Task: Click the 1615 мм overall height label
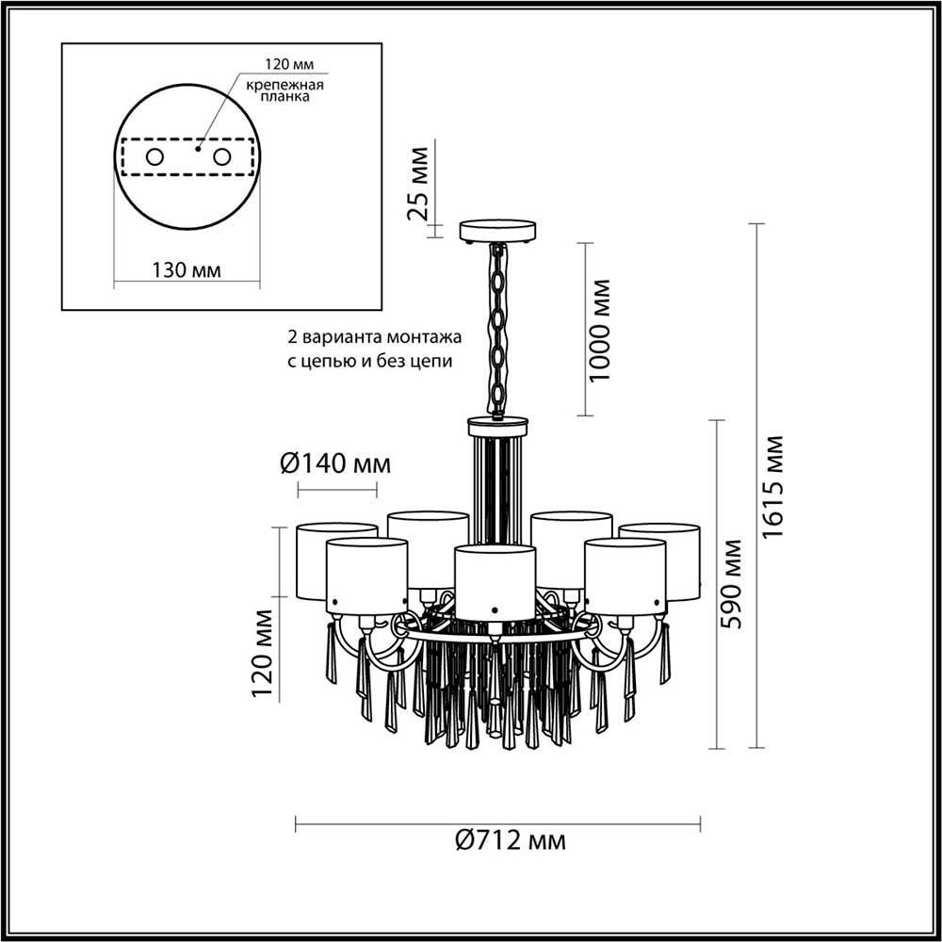point(774,487)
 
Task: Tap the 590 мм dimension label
point(732,584)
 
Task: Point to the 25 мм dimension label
point(418,184)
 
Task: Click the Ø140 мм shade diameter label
point(335,463)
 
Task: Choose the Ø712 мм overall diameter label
point(510,840)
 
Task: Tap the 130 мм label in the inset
point(186,270)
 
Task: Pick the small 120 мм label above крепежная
point(289,64)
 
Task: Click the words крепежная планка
point(284,90)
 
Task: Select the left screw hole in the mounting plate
point(154,156)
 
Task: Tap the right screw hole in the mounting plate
point(221,156)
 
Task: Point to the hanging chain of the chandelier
point(497,330)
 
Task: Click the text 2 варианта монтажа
point(375,337)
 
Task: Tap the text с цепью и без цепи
point(369,362)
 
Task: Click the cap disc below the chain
point(497,426)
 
